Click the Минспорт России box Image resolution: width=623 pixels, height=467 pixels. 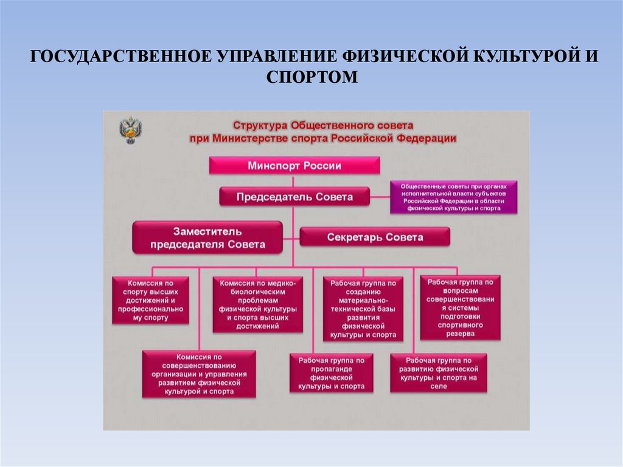point(295,166)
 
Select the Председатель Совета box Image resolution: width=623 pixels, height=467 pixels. point(294,197)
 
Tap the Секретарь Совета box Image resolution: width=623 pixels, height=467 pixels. point(375,237)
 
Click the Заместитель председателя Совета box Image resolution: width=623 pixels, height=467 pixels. point(207,237)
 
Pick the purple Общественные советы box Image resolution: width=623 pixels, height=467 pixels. point(454,197)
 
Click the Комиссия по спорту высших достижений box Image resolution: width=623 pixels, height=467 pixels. point(150,301)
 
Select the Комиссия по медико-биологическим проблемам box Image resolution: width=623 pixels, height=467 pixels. point(257,304)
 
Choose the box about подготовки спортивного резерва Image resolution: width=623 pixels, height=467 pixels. point(460,307)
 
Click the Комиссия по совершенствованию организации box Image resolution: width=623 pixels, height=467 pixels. point(198,374)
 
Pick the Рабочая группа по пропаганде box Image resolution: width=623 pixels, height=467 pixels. point(331,373)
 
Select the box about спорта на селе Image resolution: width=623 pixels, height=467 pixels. point(439,373)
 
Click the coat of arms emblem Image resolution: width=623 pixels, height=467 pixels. point(130,130)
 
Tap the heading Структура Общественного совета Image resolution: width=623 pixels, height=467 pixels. point(322,124)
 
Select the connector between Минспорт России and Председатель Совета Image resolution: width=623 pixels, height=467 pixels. point(294,181)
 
